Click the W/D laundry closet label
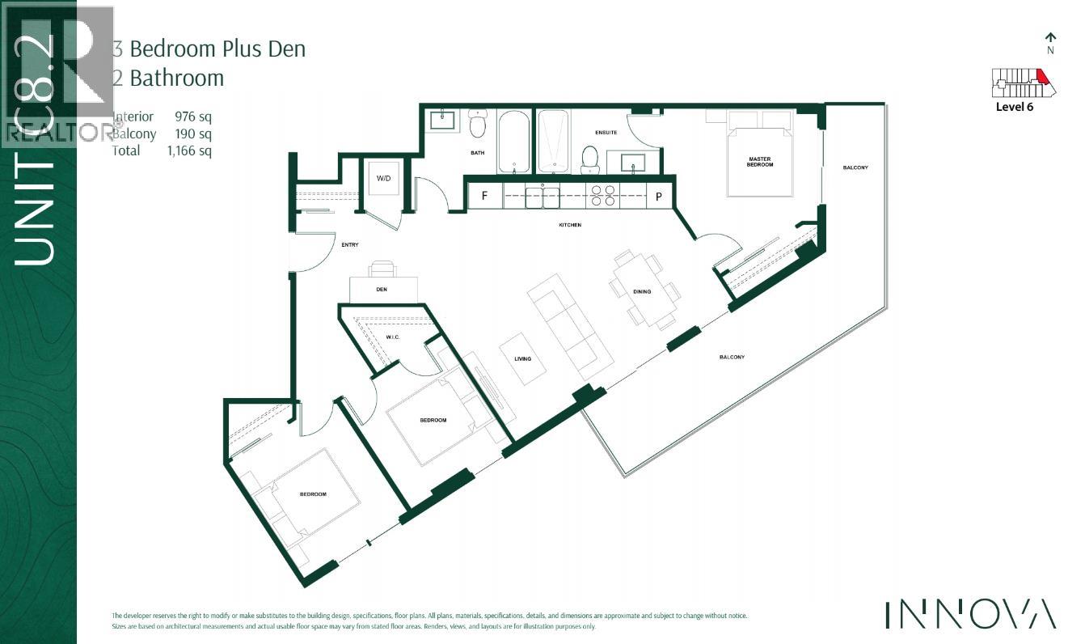pos(383,178)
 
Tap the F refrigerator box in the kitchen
pos(484,196)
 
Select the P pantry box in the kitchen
pos(658,196)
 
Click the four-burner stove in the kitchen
pos(603,196)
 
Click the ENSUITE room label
pos(606,133)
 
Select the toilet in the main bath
pos(479,125)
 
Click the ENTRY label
pos(349,244)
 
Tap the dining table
pos(644,288)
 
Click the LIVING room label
pos(522,358)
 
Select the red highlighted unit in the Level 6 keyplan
pos(1042,78)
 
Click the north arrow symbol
pos(1050,38)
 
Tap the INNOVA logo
pos(969,614)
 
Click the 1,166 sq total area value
pos(193,150)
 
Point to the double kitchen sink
pos(542,196)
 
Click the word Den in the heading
pos(289,49)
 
